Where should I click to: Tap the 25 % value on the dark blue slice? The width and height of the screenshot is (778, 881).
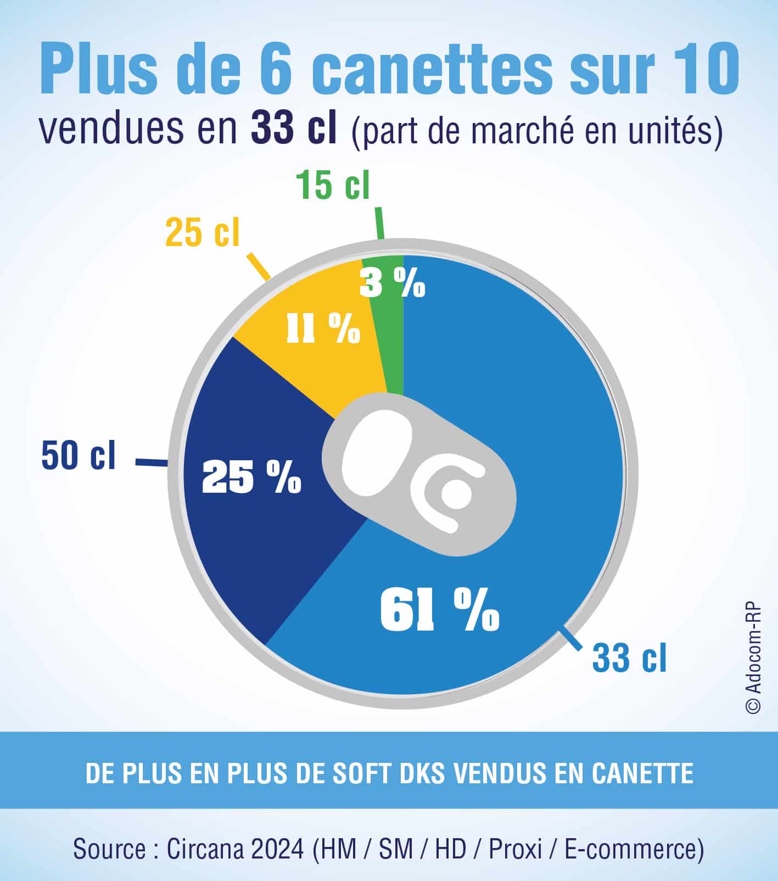pyautogui.click(x=251, y=476)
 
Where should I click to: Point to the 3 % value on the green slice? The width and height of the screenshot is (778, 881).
pyautogui.click(x=392, y=284)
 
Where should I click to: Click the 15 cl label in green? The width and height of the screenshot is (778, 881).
pyautogui.click(x=333, y=185)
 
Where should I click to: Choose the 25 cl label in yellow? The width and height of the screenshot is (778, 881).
pyautogui.click(x=203, y=232)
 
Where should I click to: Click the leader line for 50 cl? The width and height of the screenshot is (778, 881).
pyautogui.click(x=151, y=464)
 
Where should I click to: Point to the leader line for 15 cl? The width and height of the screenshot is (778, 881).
pyautogui.click(x=379, y=224)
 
